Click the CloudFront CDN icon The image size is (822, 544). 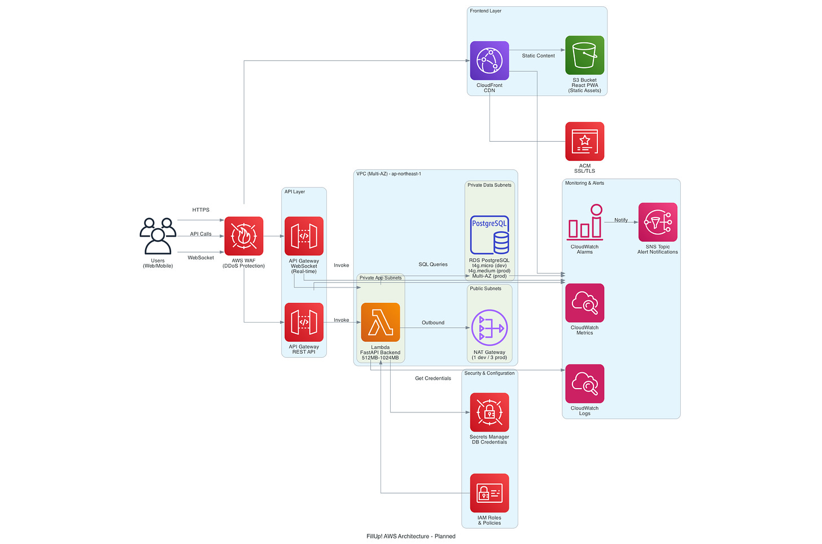point(489,60)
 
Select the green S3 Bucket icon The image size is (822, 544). point(584,55)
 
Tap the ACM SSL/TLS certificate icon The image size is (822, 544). point(584,141)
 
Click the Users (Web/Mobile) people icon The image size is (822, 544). point(158,236)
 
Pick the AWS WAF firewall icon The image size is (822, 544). point(244,236)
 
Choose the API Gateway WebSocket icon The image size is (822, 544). point(304,236)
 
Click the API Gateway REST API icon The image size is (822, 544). point(304,322)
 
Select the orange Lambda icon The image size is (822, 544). point(381,322)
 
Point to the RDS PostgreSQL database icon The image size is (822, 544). point(489,234)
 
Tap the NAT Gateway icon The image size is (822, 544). point(489,328)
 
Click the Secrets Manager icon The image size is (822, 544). point(489,412)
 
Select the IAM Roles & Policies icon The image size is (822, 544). point(489,493)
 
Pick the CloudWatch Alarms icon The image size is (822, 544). point(584,223)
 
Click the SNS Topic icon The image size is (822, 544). point(658,223)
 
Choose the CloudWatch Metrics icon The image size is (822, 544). point(584,303)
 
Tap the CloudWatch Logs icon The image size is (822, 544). point(584,384)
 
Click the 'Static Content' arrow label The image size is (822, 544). point(538,56)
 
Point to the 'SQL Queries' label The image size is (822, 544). point(433,264)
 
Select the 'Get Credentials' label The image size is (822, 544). point(433,378)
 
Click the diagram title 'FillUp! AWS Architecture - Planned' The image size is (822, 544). point(410,536)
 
